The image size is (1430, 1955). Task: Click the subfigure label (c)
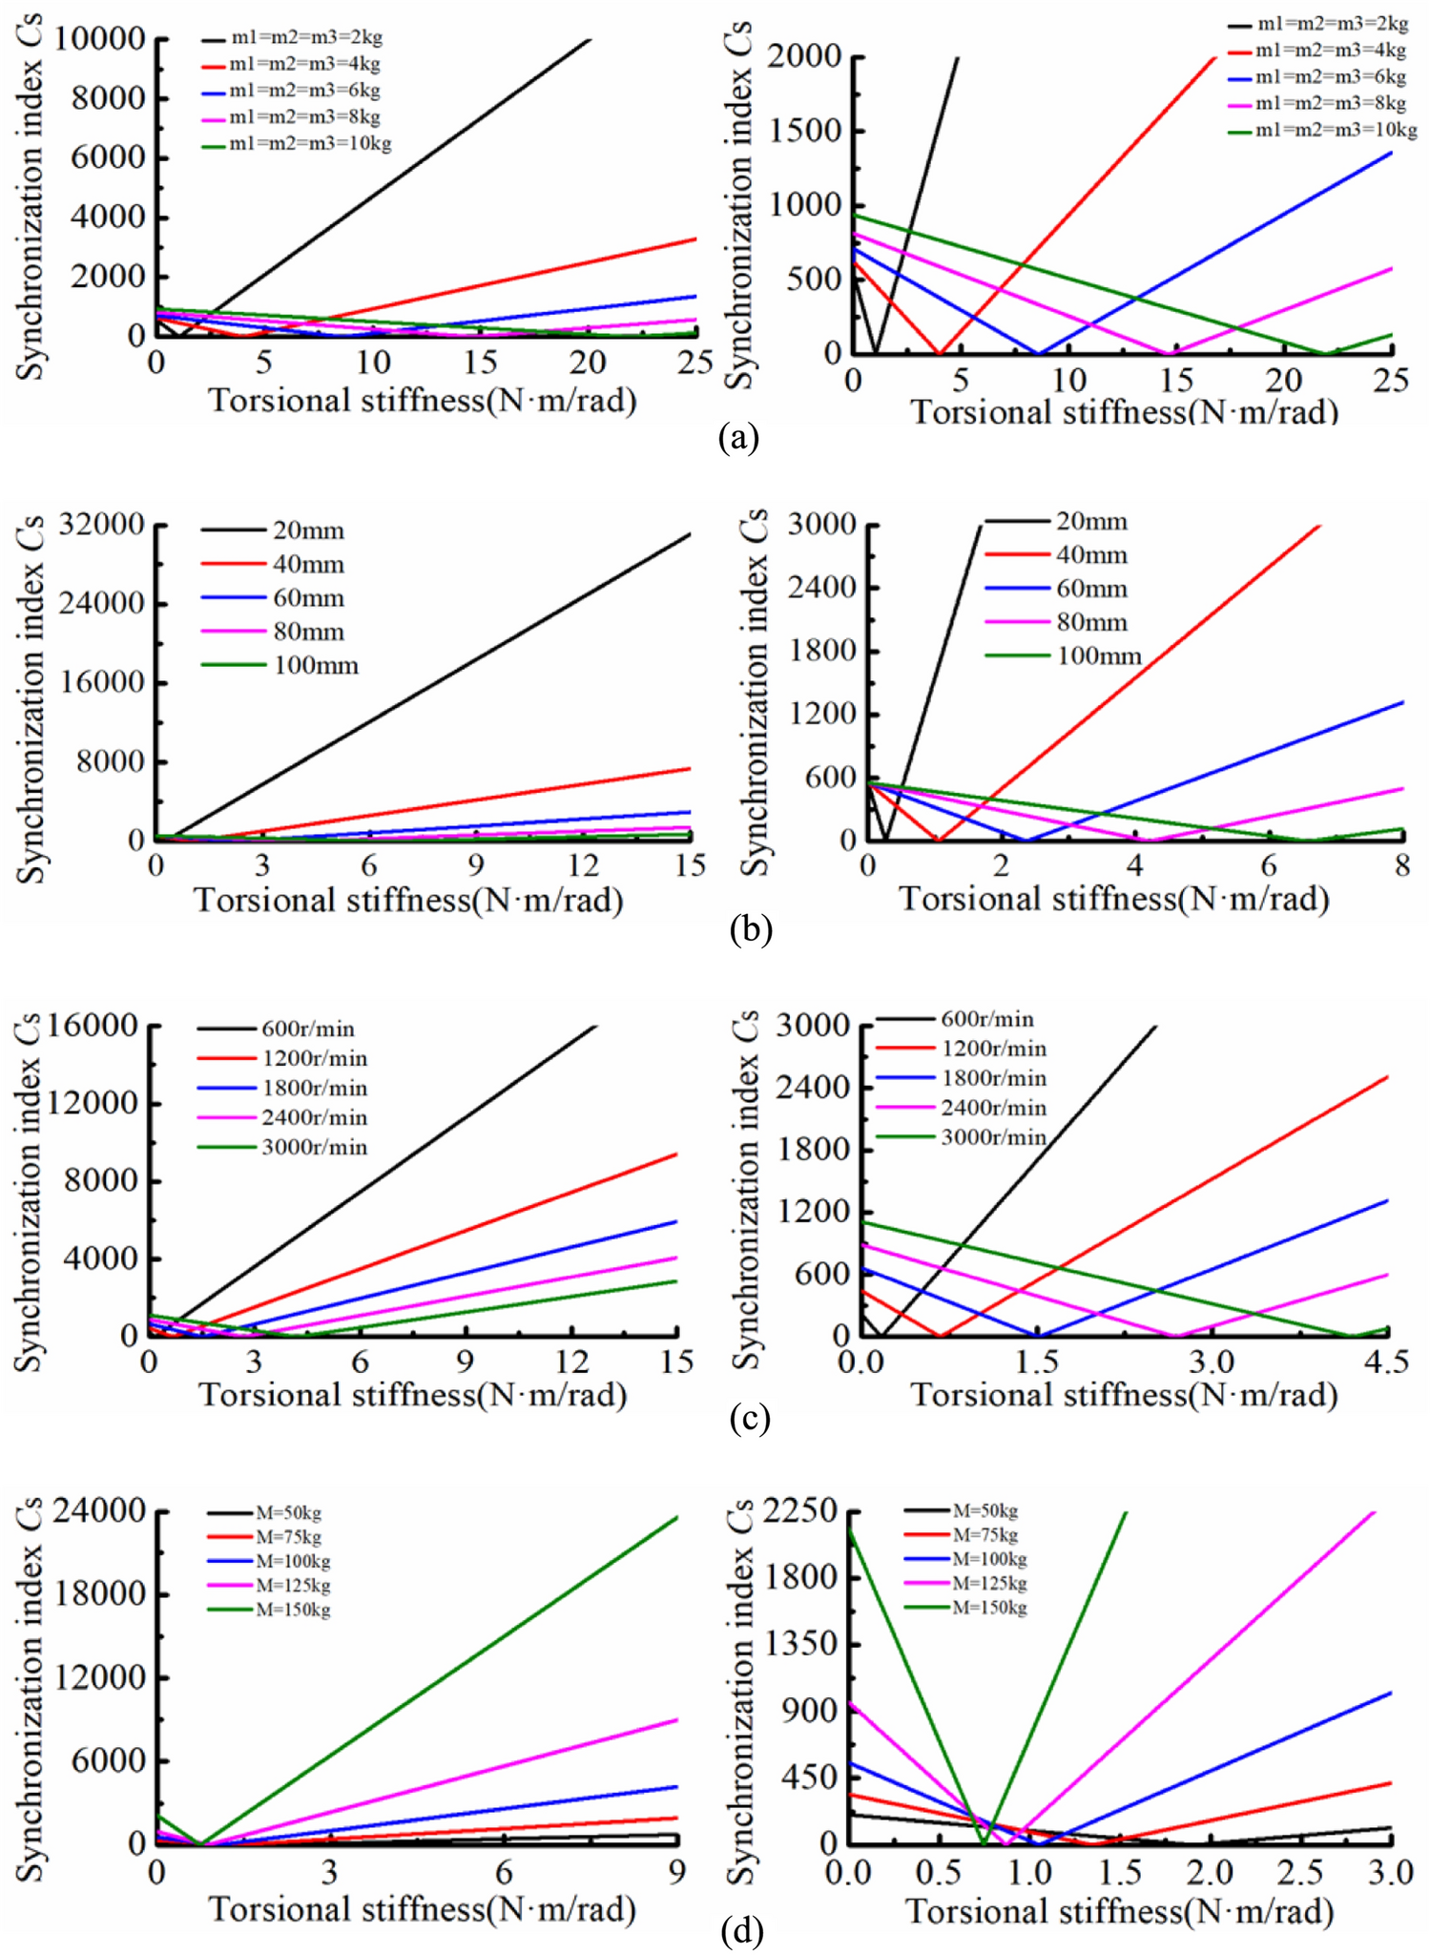(749, 1418)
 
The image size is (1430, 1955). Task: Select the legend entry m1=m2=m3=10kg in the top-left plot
(310, 144)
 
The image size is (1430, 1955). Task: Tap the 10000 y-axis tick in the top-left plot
(100, 39)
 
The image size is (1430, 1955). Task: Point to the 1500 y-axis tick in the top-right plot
(806, 132)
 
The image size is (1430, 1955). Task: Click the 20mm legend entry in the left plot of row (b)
(308, 530)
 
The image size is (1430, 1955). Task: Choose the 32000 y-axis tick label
(101, 525)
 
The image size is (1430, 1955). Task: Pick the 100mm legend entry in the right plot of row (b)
(1098, 655)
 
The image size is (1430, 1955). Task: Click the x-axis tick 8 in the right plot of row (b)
(1401, 865)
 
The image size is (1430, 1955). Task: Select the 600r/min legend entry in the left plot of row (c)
(307, 1029)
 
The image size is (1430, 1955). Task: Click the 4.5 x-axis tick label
(1386, 1362)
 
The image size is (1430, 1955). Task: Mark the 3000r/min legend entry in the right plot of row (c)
(993, 1137)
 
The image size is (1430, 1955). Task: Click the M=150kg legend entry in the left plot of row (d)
(293, 1610)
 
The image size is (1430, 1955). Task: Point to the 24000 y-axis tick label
(101, 1511)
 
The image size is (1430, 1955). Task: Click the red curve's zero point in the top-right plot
(940, 353)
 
